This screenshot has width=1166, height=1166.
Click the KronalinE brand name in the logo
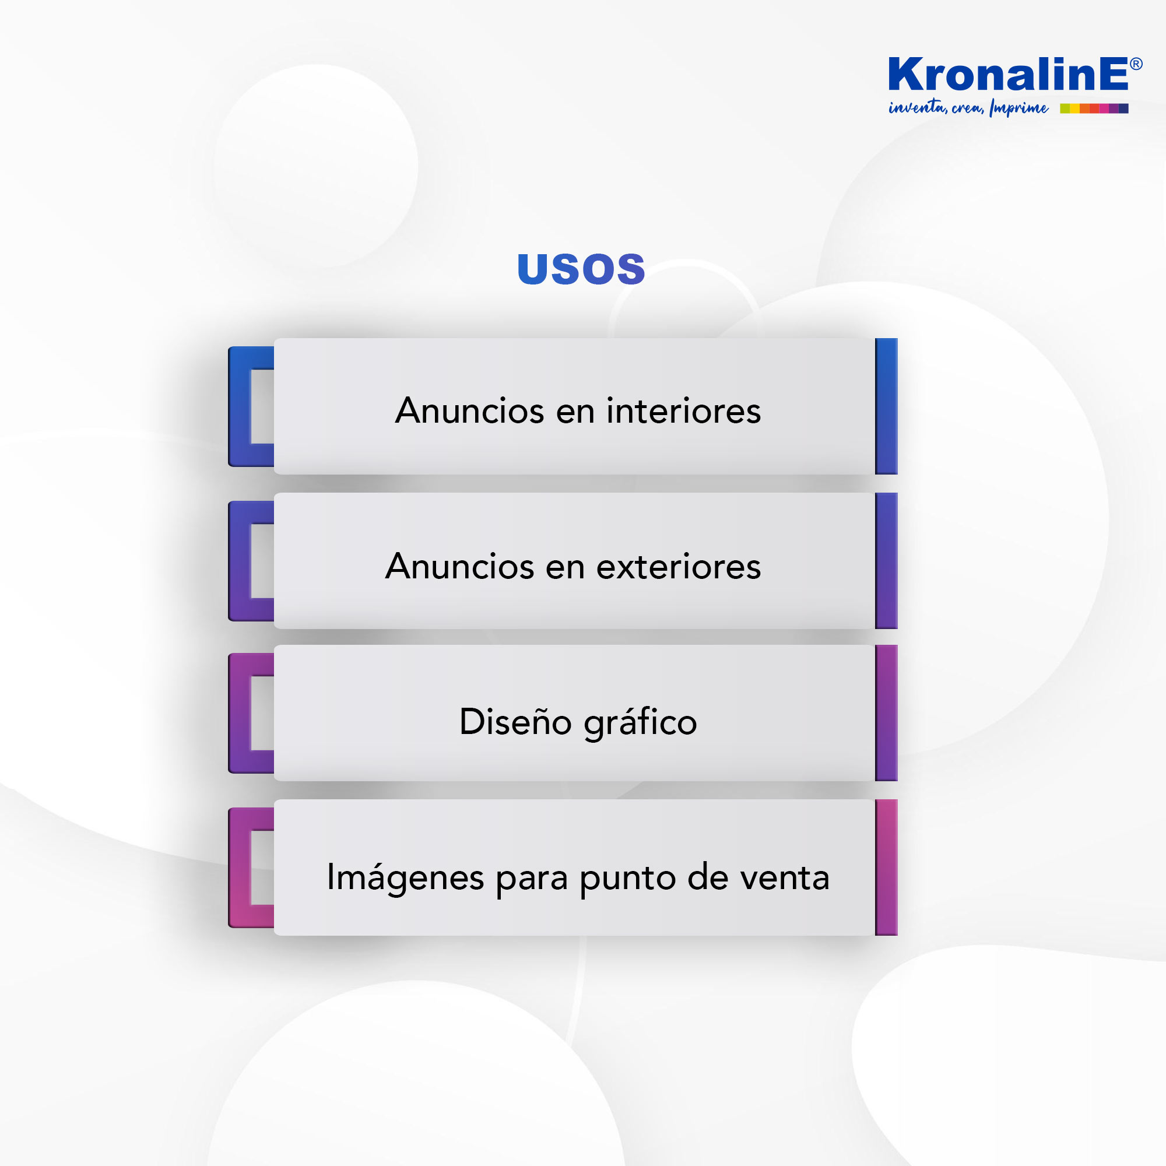[x=1007, y=74]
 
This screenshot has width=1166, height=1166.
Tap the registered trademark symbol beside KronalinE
[x=1135, y=64]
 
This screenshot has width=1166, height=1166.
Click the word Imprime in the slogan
[x=1018, y=108]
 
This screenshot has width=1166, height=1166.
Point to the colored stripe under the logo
[x=1094, y=108]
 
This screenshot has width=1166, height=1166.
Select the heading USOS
[x=581, y=269]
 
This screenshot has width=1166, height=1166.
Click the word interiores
[x=683, y=411]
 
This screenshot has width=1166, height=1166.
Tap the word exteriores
[x=679, y=567]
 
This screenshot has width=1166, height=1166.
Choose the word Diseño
[x=515, y=721]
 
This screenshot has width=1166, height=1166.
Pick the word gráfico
[x=640, y=722]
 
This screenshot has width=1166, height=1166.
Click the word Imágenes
[x=405, y=877]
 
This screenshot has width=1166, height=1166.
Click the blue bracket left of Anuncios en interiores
[x=240, y=406]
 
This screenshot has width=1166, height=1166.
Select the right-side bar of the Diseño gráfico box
[x=886, y=713]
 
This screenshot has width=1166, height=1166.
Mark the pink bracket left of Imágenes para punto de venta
[x=240, y=868]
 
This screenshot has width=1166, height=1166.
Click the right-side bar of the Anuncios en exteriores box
[x=886, y=561]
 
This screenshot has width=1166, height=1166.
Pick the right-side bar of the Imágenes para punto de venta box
[x=886, y=868]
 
